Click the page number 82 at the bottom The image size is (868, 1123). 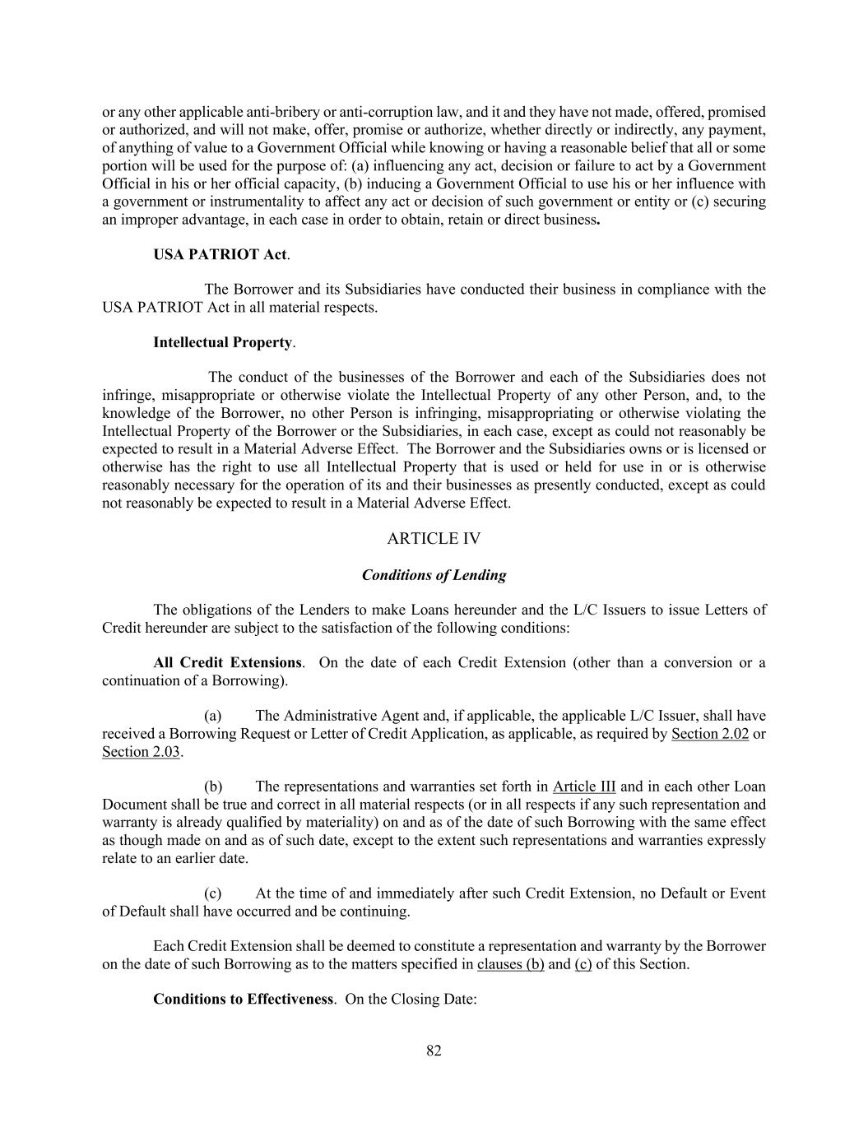point(434,1051)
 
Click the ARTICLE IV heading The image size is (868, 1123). point(434,539)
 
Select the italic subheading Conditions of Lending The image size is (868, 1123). point(434,575)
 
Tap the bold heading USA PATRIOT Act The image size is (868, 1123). point(220,254)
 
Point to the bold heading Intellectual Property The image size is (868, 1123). point(222,342)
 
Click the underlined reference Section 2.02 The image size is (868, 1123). point(709,734)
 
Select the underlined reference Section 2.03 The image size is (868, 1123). point(141,752)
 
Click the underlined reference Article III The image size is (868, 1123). point(584,787)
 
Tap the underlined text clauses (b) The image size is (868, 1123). point(510,964)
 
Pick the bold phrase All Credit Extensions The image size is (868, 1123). point(227,663)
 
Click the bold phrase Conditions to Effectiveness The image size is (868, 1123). point(243,1000)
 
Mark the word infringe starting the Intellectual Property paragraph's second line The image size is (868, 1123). point(124,396)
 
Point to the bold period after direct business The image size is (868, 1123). point(597,220)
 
